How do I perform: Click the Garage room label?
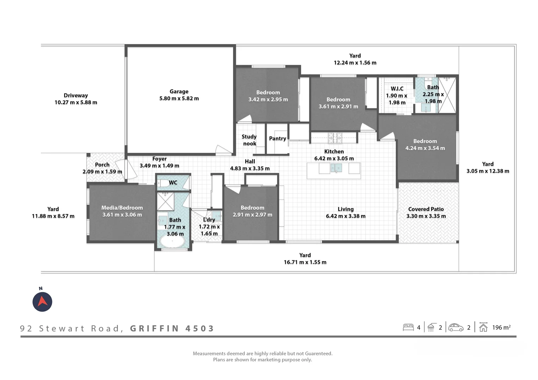[179, 91]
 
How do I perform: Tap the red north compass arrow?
[42, 302]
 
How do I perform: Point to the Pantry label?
[277, 139]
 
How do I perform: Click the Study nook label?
[249, 140]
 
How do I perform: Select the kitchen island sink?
[336, 168]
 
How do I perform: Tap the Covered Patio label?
[426, 209]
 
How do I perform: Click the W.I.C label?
[397, 89]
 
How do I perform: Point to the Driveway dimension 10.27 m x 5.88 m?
[76, 102]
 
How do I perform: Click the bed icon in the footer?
[408, 327]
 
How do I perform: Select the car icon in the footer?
[456, 327]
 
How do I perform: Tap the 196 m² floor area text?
[501, 328]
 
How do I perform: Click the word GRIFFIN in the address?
[155, 329]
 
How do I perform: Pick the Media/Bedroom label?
[122, 208]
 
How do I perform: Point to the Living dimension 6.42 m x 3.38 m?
[345, 216]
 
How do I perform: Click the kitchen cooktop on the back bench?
[335, 138]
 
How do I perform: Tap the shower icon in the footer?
[431, 327]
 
